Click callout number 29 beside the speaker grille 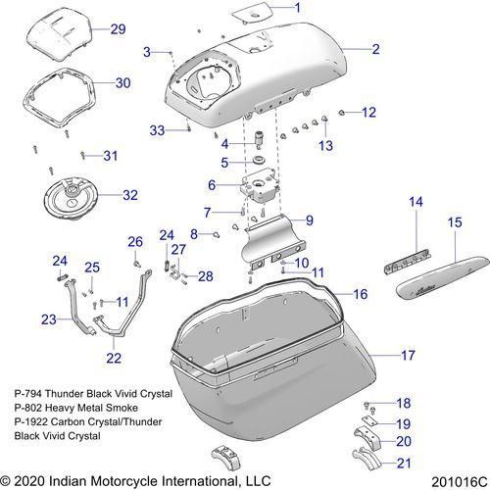tap(118, 28)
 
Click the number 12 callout tap(368, 113)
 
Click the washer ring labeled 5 tap(260, 161)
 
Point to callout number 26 tap(135, 241)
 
